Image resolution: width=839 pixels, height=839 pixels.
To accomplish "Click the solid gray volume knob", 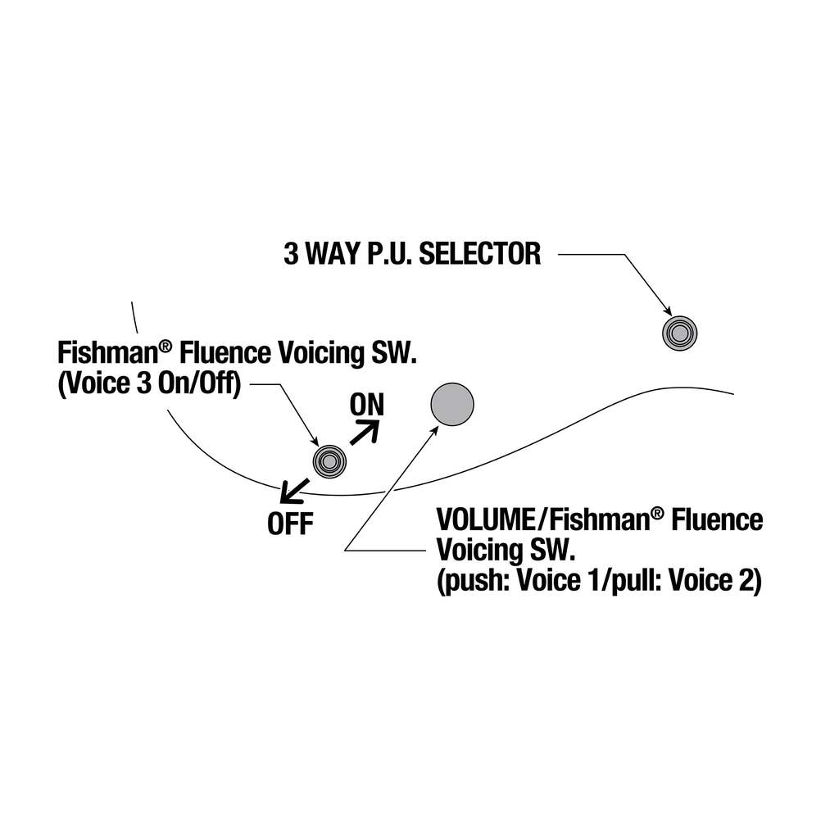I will coord(452,404).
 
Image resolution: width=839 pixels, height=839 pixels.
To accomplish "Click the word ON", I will coord(366,404).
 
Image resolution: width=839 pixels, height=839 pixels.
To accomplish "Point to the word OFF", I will coord(290,524).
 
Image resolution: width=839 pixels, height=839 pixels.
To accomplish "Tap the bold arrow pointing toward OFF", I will coord(293,492).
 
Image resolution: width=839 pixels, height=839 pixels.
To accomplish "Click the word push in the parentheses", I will coord(466,582).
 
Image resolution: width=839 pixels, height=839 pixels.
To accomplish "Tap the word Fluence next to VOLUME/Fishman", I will coord(717,519).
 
